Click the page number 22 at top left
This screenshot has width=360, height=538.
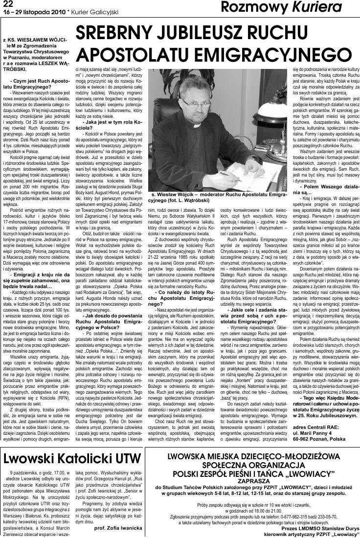point(7,4)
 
